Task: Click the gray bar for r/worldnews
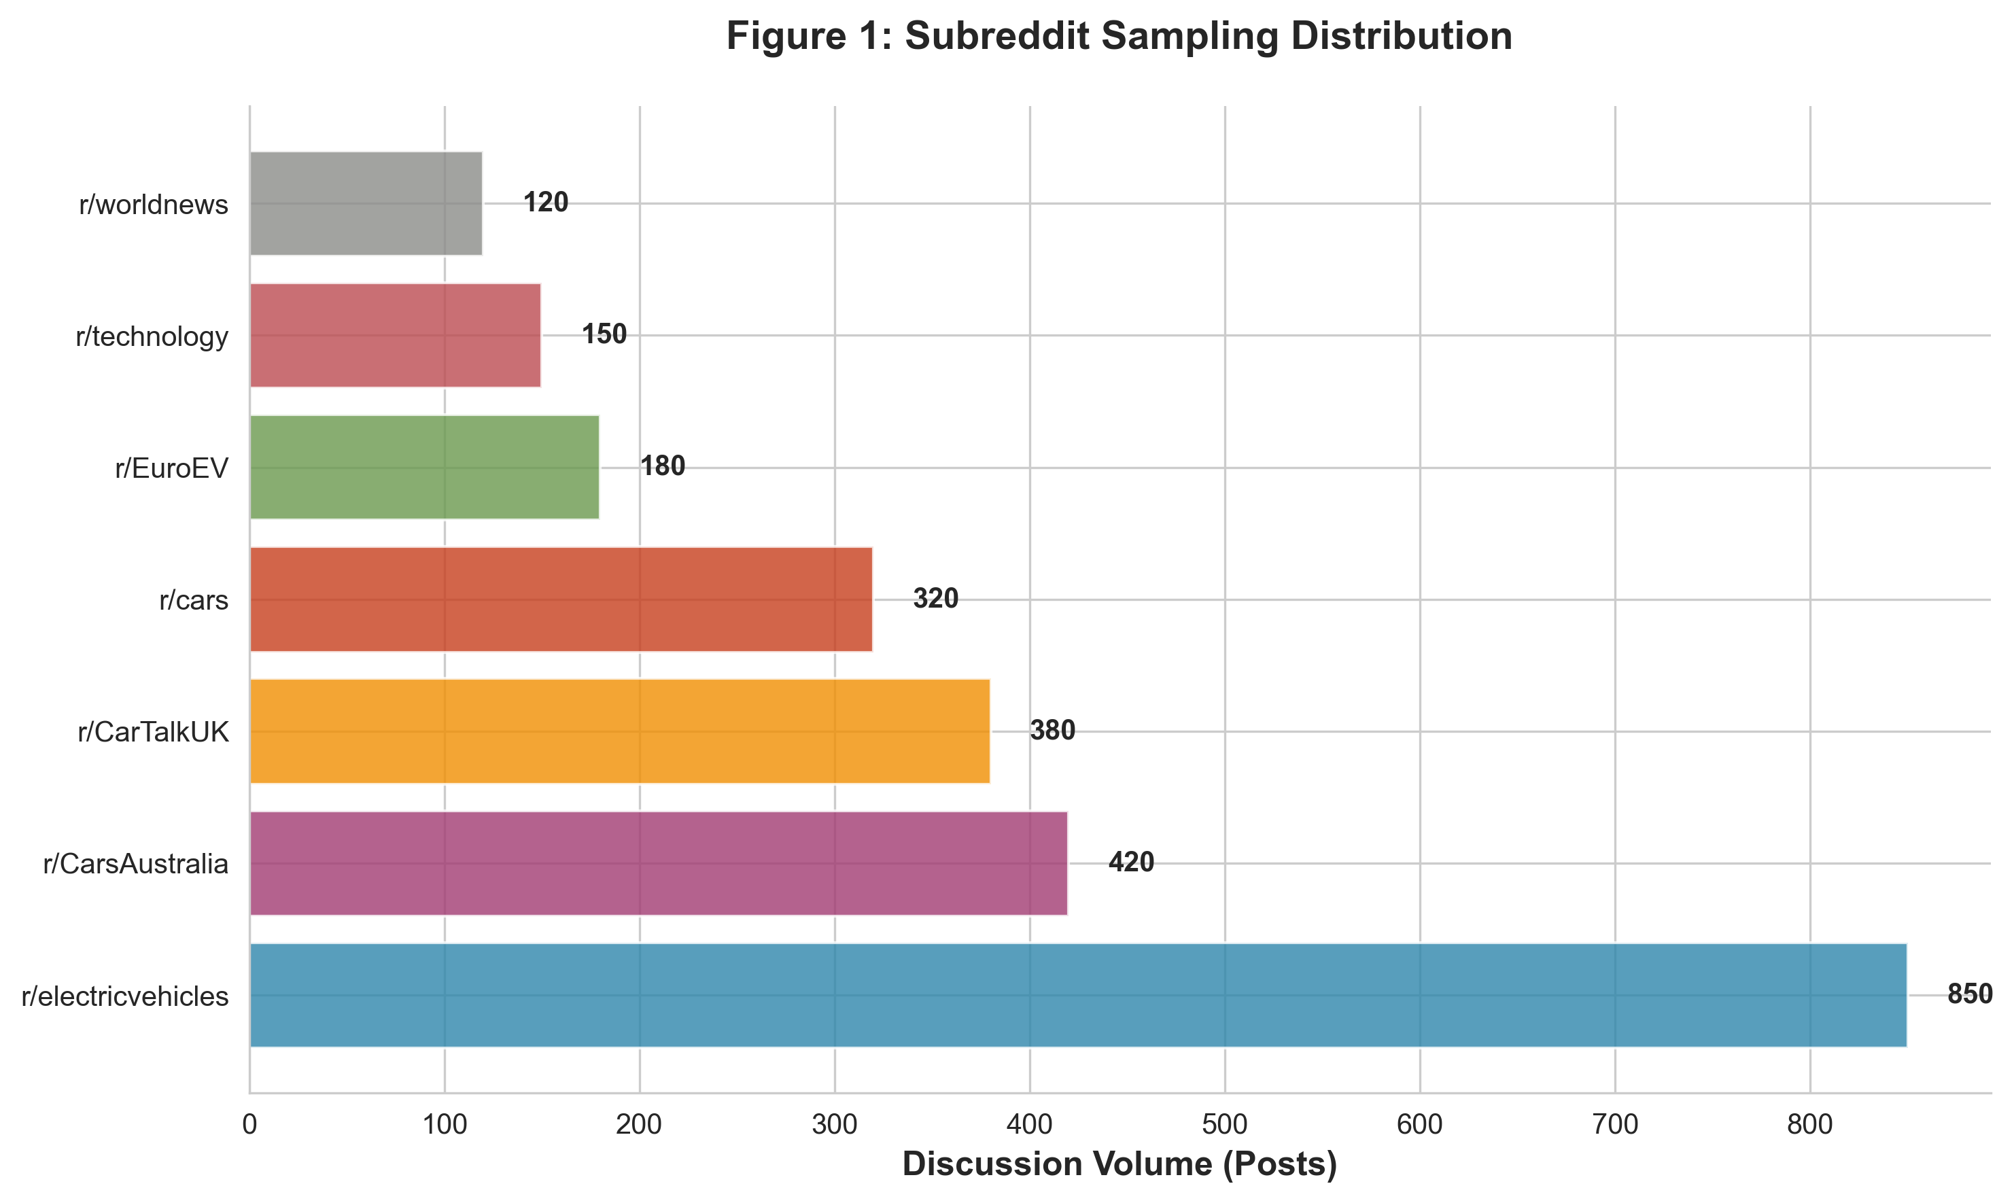(366, 203)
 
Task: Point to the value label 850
(1969, 994)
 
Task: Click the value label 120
(545, 203)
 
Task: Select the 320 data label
(935, 599)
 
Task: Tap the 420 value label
(1130, 862)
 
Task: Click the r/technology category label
(152, 336)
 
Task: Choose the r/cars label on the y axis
(194, 601)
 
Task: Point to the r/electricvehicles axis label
(125, 996)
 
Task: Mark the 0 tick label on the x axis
(249, 1124)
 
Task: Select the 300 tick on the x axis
(835, 1124)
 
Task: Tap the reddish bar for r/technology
(395, 335)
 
